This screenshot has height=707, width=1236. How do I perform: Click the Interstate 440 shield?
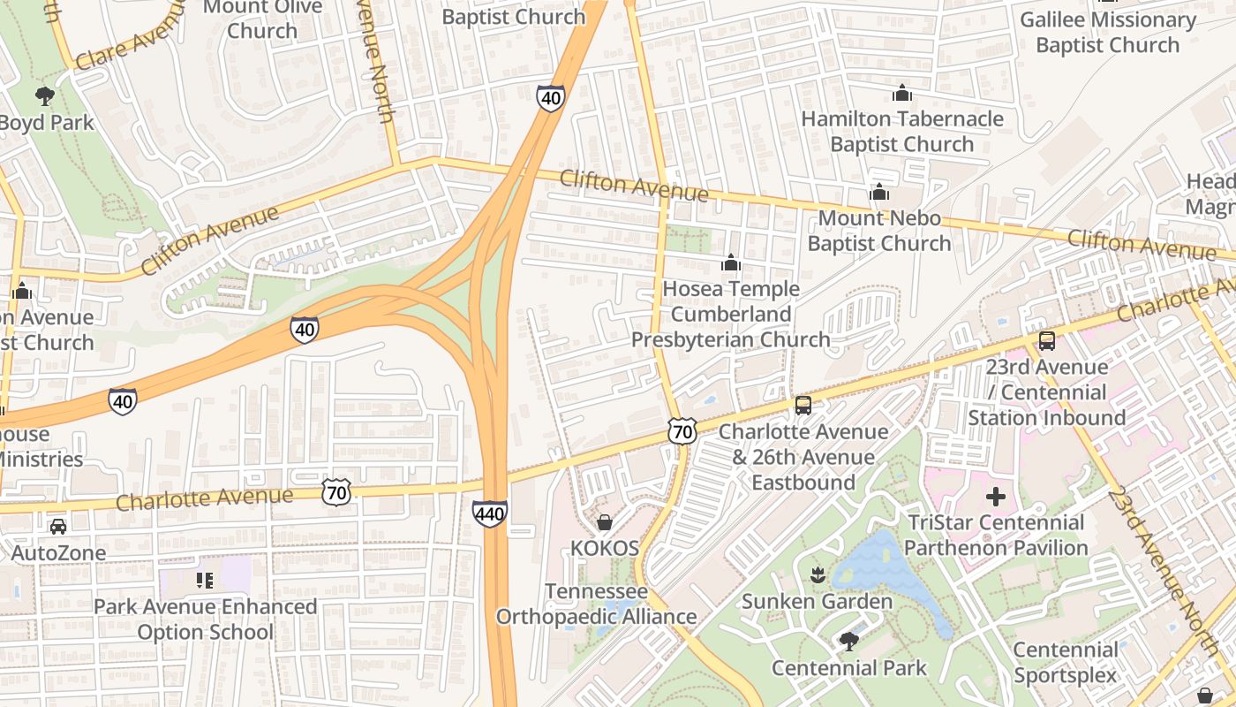[489, 513]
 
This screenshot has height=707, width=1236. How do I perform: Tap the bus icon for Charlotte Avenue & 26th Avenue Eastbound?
[803, 406]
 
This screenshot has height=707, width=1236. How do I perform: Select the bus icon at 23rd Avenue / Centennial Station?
[1046, 340]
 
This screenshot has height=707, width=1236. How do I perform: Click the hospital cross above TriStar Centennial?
[995, 497]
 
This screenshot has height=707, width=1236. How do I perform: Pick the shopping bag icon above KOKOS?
[605, 522]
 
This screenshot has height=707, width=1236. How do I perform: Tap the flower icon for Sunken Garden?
[817, 575]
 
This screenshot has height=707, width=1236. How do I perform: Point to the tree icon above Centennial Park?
[848, 641]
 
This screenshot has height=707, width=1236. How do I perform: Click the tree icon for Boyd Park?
[44, 96]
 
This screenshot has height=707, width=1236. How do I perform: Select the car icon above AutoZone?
[58, 527]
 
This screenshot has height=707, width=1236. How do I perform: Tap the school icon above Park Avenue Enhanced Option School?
[205, 581]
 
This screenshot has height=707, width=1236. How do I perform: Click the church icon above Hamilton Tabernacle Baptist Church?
[901, 93]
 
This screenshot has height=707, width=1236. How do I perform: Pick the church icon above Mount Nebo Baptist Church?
[878, 192]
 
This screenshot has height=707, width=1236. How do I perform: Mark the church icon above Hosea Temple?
[730, 262]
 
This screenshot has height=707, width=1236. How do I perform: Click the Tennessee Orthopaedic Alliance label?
[596, 604]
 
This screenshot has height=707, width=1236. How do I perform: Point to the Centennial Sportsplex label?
[1065, 663]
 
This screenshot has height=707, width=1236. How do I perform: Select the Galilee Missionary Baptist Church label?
[1107, 32]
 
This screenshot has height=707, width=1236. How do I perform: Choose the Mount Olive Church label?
[262, 19]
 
